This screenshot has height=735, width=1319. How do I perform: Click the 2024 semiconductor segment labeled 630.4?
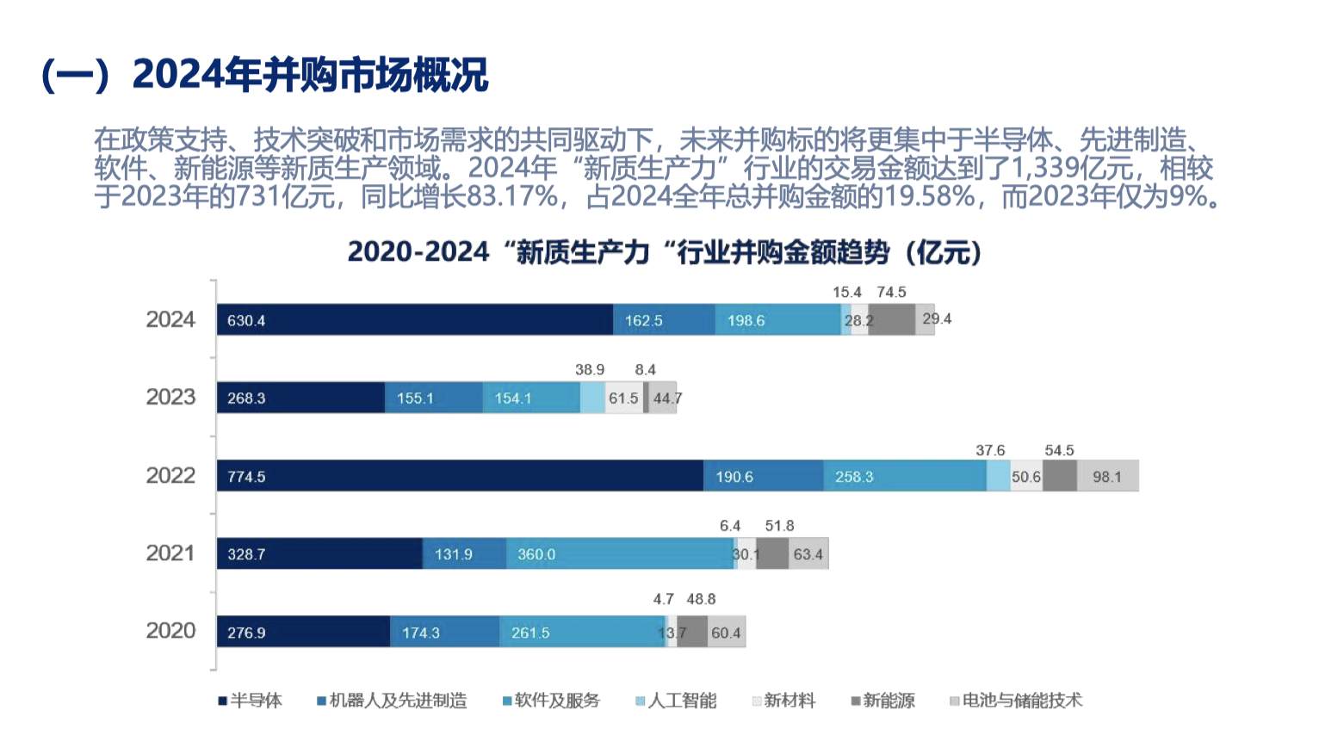click(414, 320)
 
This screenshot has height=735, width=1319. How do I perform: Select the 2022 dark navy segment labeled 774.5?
click(460, 476)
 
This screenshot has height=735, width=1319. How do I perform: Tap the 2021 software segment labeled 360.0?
click(619, 554)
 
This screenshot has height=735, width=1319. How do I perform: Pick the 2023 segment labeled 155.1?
click(433, 398)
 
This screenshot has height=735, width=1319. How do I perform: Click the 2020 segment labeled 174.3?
click(444, 633)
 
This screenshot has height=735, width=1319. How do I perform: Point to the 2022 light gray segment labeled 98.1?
click(1107, 476)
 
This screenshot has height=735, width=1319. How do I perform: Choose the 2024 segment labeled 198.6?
click(777, 320)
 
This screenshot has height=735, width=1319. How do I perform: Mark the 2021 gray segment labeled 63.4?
click(808, 554)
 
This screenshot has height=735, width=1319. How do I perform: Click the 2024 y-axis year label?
click(170, 320)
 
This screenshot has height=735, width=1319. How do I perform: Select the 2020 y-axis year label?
click(170, 631)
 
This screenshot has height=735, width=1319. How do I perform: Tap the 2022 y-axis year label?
click(170, 476)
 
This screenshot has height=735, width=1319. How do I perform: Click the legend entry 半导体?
click(251, 701)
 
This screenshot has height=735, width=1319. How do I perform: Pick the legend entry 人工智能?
click(676, 701)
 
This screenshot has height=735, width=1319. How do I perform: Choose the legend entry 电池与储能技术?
click(1016, 701)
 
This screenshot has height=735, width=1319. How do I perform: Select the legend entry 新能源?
click(883, 701)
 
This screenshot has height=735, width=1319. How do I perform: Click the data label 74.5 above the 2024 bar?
click(891, 293)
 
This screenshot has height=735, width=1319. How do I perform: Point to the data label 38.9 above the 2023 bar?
click(590, 370)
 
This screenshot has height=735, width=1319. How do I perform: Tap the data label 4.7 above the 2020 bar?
click(663, 599)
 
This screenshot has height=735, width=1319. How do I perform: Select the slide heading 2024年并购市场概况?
click(310, 75)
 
